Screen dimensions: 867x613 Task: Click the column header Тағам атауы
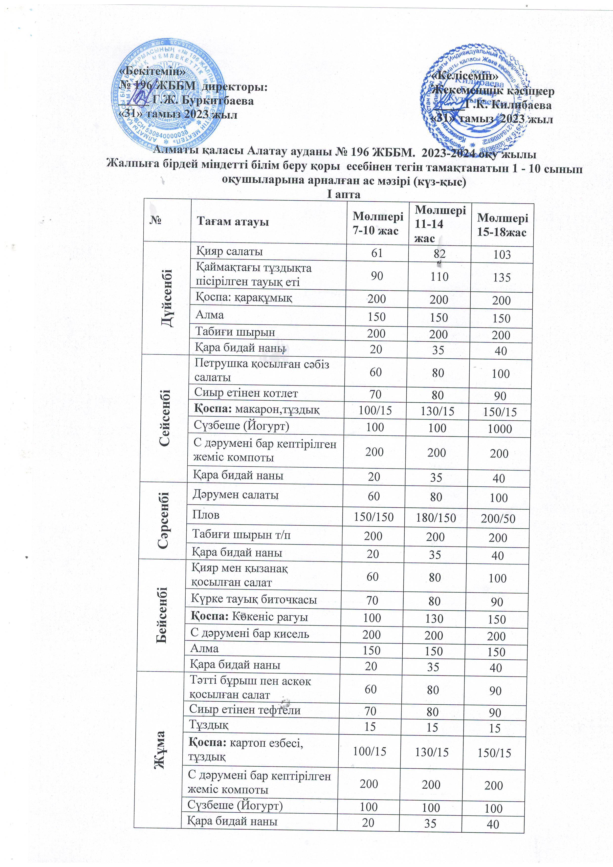pos(233,222)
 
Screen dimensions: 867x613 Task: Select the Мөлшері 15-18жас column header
pos(502,225)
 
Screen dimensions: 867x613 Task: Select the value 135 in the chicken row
pos(502,278)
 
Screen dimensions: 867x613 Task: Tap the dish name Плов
pos(206,515)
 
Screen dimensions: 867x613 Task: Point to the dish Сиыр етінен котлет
pos(246,393)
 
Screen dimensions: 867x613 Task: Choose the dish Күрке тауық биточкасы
pos(254,600)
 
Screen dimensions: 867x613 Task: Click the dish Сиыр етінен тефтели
pos(245,710)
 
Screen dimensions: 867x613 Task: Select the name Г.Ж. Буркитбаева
pos(203,101)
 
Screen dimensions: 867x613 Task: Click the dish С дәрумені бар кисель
pos(249,634)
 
